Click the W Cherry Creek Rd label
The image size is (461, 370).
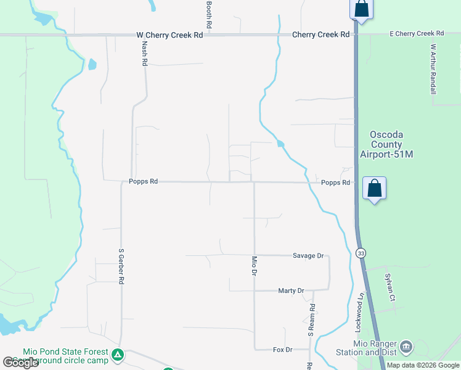[x=169, y=35]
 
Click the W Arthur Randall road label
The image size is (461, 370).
[x=433, y=68]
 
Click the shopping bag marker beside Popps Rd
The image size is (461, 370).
[x=375, y=188]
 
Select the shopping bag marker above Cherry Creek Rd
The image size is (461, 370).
[x=361, y=9]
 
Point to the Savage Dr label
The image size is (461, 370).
[x=308, y=255]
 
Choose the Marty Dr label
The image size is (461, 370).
[x=291, y=290]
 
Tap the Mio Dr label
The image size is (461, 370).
[x=253, y=266]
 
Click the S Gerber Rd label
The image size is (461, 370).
[x=121, y=266]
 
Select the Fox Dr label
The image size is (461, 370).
[x=282, y=350]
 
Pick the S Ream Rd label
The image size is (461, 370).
[x=312, y=320]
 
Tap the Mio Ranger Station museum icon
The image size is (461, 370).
[x=406, y=347]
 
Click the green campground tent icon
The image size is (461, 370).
[x=118, y=355]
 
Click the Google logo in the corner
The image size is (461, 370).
[x=21, y=363]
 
